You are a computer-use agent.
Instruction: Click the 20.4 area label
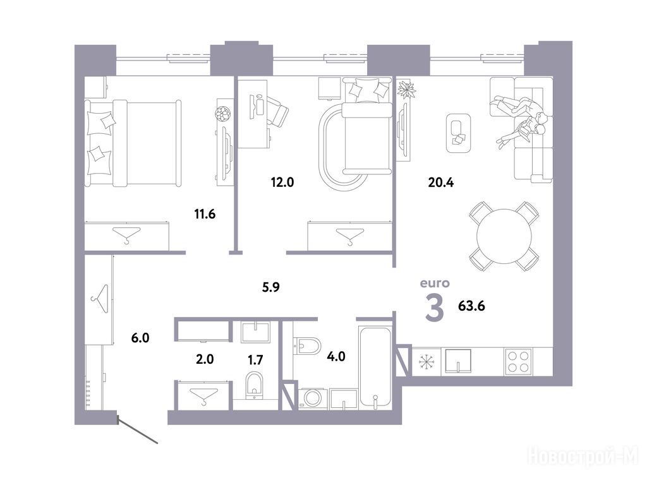coord(440,182)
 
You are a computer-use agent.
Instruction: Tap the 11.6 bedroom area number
coord(205,214)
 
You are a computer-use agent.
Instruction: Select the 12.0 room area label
coord(282,182)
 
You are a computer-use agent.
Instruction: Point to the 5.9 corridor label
coord(270,287)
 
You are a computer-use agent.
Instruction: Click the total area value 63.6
coord(471,306)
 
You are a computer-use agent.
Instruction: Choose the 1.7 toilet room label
coord(255,360)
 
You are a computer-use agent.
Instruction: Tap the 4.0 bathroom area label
coord(336,356)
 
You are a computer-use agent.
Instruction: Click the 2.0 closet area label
coord(205,359)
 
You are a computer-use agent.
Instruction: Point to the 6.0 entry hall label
coord(140,338)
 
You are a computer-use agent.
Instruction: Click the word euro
coord(435,284)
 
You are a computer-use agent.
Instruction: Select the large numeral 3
coord(435,308)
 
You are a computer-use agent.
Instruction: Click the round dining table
coord(504,236)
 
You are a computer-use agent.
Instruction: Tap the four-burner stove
coord(518,361)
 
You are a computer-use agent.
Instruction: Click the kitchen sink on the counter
coord(458,361)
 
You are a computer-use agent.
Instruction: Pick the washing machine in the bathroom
coord(313,399)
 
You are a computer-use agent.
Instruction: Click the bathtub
coord(375,367)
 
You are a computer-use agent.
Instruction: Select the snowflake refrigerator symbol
coord(426,362)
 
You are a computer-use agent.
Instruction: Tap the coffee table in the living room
coord(459,133)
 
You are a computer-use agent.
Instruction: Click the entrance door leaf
coord(138,431)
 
